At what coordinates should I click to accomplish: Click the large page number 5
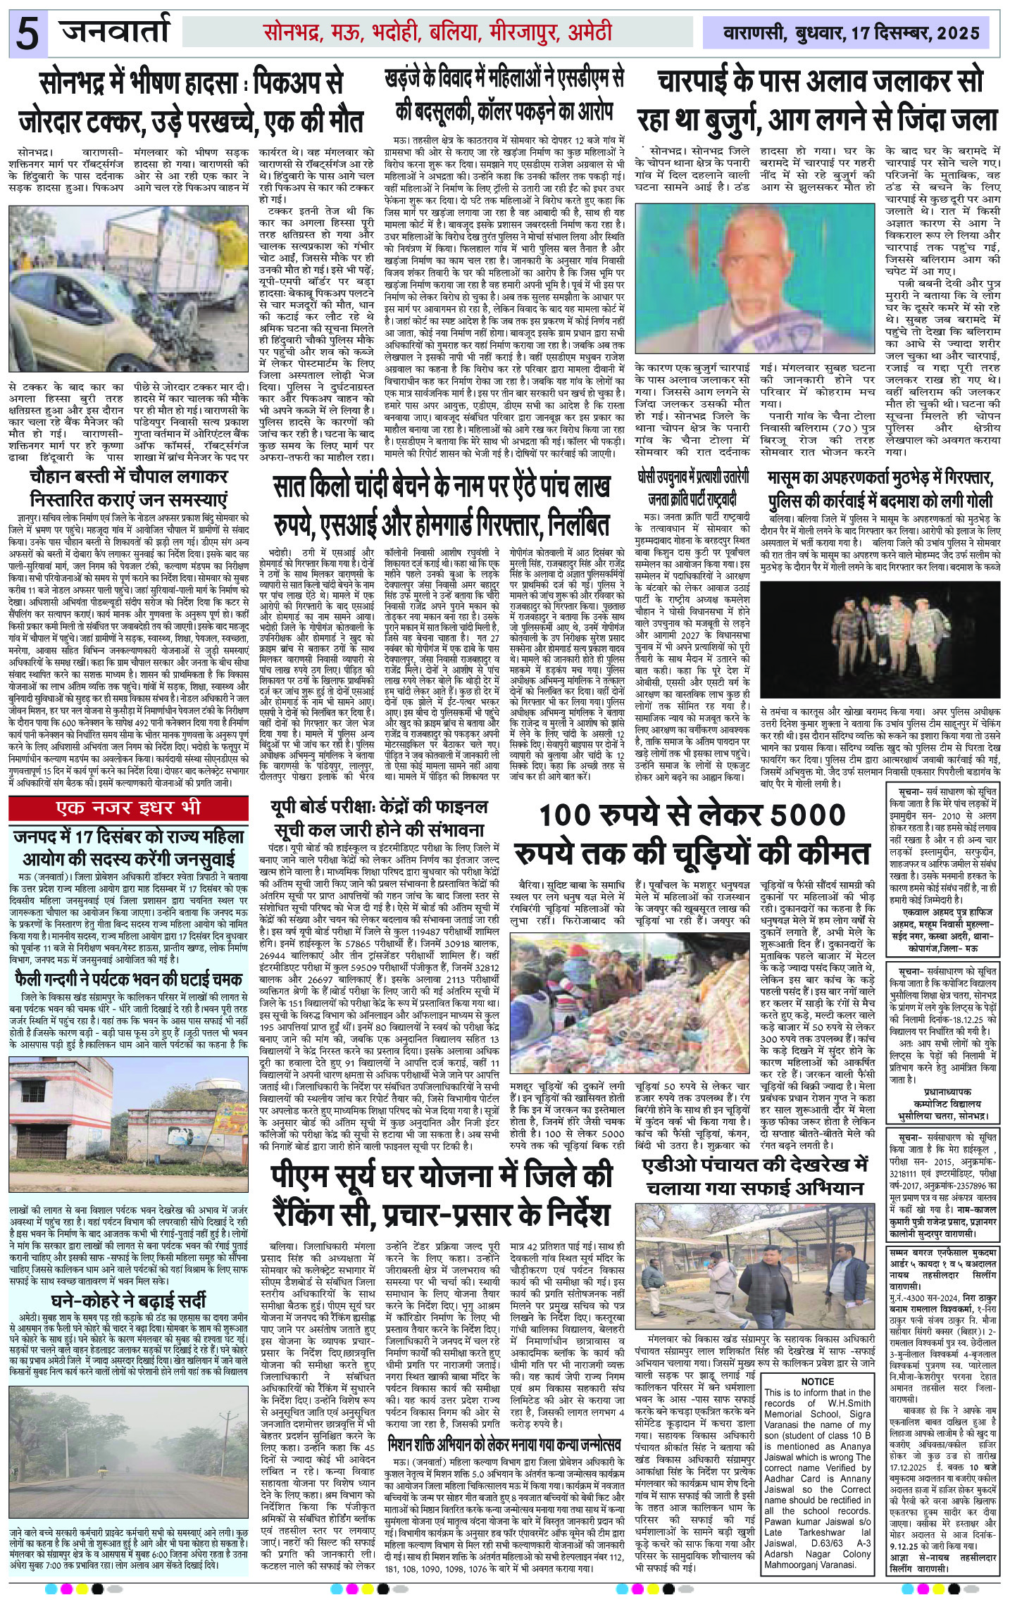pyautogui.click(x=27, y=34)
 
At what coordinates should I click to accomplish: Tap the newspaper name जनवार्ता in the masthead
pyautogui.click(x=116, y=31)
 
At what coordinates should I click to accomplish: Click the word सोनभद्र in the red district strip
pyautogui.click(x=293, y=32)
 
